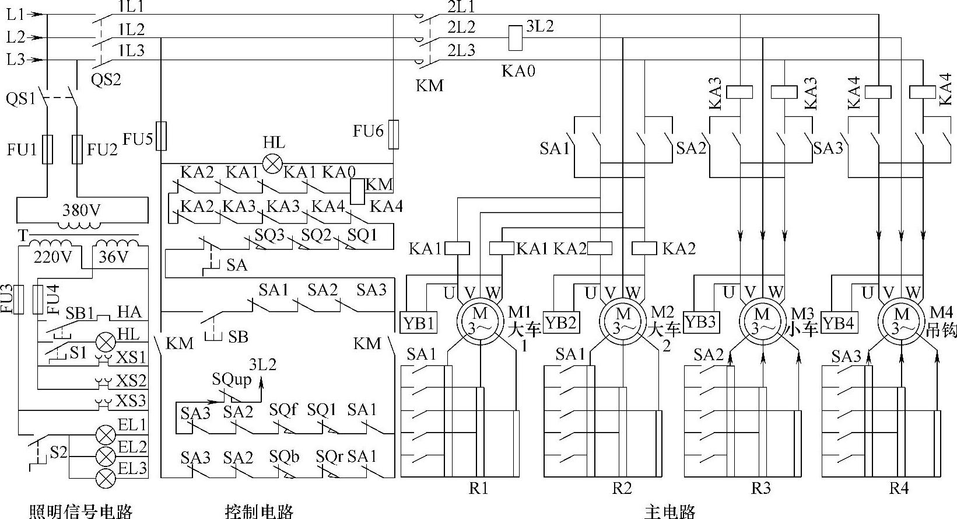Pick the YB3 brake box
click(x=700, y=322)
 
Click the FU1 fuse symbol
click(x=48, y=149)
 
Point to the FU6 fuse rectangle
click(x=394, y=133)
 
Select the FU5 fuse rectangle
click(x=162, y=136)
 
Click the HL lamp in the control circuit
click(x=272, y=163)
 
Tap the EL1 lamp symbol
click(x=106, y=434)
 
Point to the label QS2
click(x=107, y=79)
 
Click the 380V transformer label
click(x=81, y=211)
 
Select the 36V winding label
click(x=113, y=257)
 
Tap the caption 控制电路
click(x=259, y=512)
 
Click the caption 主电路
click(x=669, y=512)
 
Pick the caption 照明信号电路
click(x=81, y=512)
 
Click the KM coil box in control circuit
click(x=357, y=191)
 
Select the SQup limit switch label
click(x=232, y=379)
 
